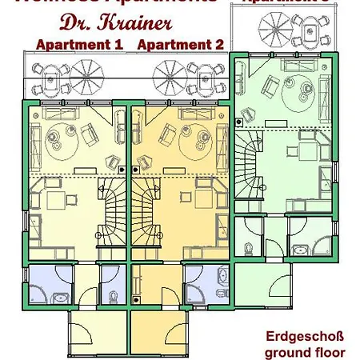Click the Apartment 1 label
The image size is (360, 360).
[78, 44]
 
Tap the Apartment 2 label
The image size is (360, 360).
[180, 44]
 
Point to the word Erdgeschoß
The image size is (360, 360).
[305, 337]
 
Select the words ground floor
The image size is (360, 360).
[305, 351]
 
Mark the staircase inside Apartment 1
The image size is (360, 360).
[112, 211]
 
